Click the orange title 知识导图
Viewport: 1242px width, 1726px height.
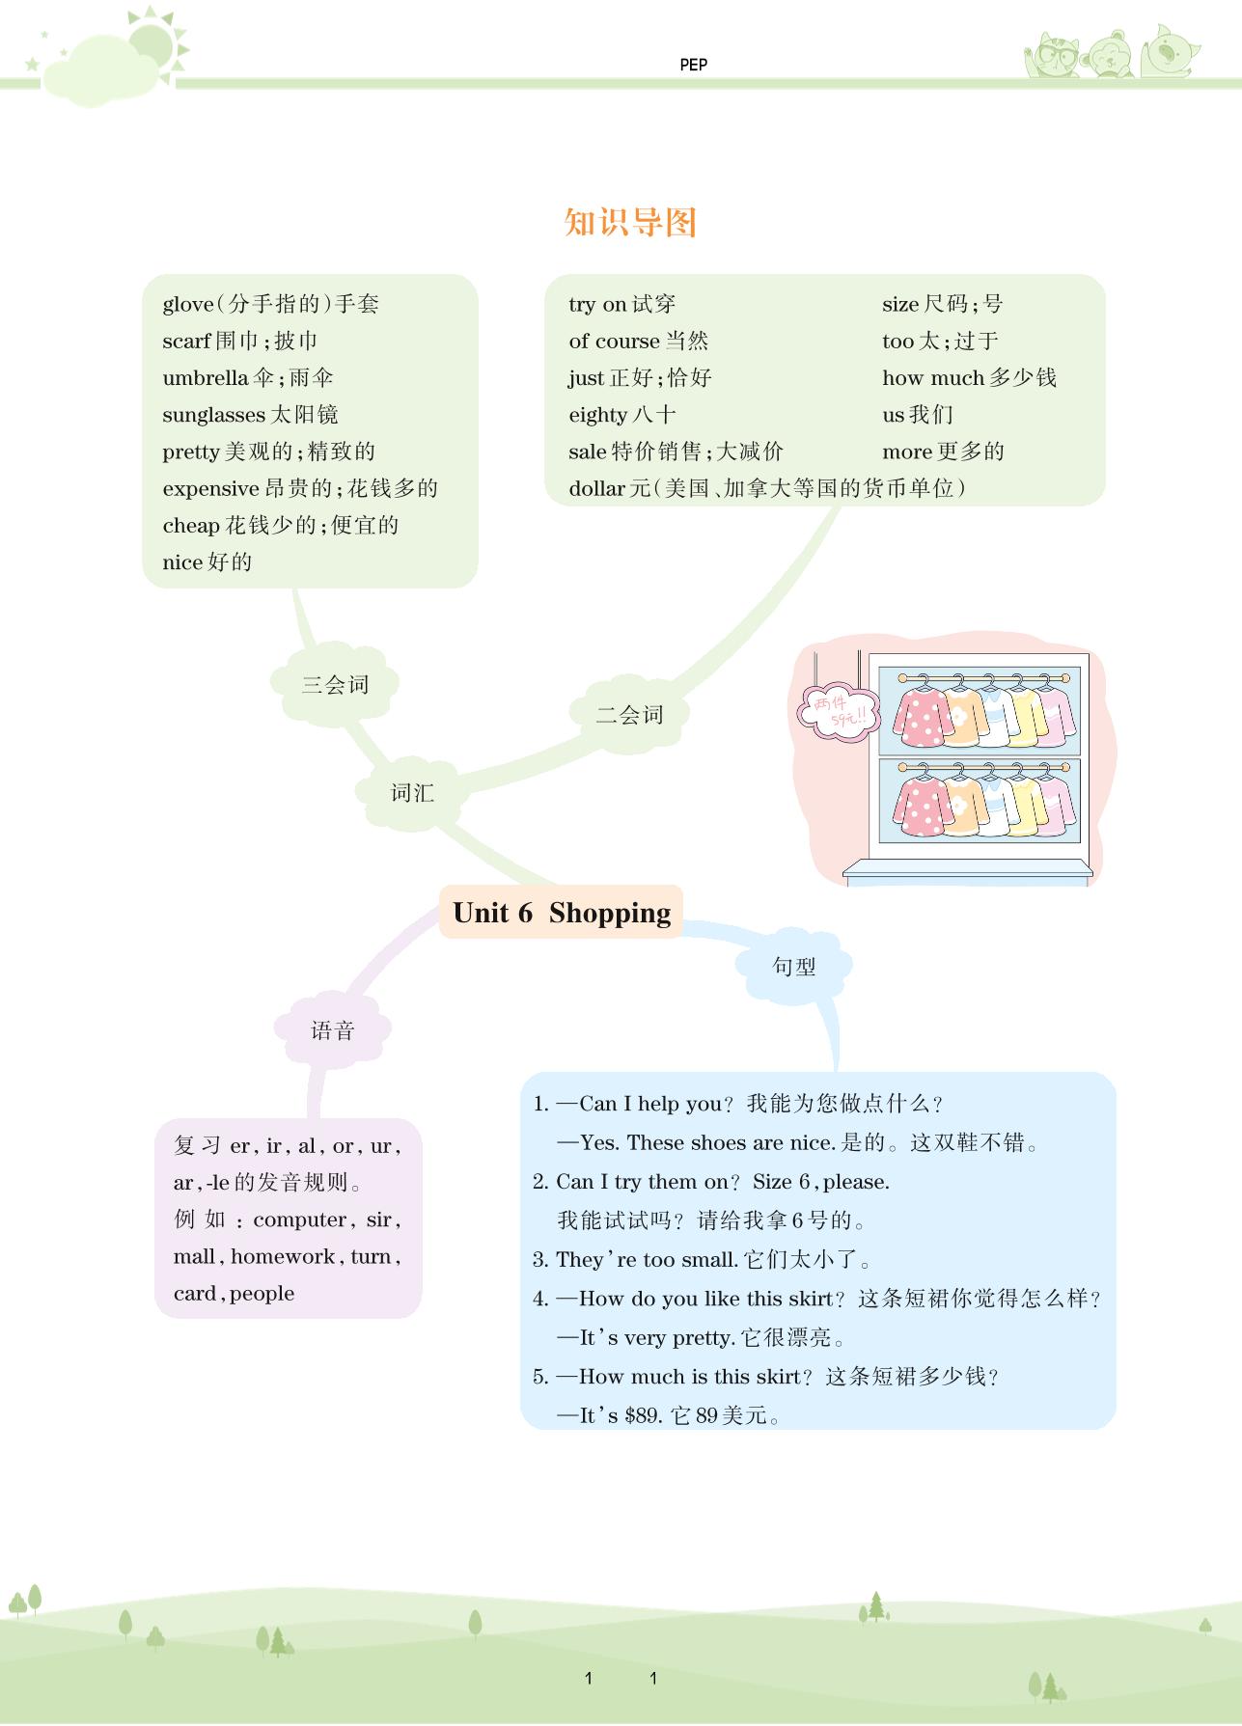(x=630, y=223)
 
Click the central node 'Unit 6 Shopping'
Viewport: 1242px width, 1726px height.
(x=561, y=913)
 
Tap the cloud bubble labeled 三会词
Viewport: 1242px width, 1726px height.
(x=335, y=685)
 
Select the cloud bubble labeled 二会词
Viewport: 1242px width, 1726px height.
(x=629, y=715)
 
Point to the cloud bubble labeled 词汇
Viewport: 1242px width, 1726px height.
(x=412, y=793)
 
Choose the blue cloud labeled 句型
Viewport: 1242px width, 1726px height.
(x=793, y=966)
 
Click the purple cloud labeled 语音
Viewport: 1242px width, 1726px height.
(x=333, y=1030)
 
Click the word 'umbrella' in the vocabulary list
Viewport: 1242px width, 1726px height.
(x=205, y=378)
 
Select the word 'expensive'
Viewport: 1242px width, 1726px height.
(x=210, y=489)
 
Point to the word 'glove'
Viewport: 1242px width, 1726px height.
(x=187, y=305)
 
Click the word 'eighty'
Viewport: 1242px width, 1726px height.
(x=597, y=416)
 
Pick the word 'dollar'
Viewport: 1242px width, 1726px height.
(x=596, y=489)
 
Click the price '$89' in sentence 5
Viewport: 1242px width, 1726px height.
(x=642, y=1415)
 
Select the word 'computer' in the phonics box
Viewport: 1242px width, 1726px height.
(x=299, y=1220)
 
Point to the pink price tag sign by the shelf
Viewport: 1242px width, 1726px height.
(x=838, y=712)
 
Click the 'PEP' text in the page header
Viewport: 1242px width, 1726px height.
(x=693, y=65)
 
